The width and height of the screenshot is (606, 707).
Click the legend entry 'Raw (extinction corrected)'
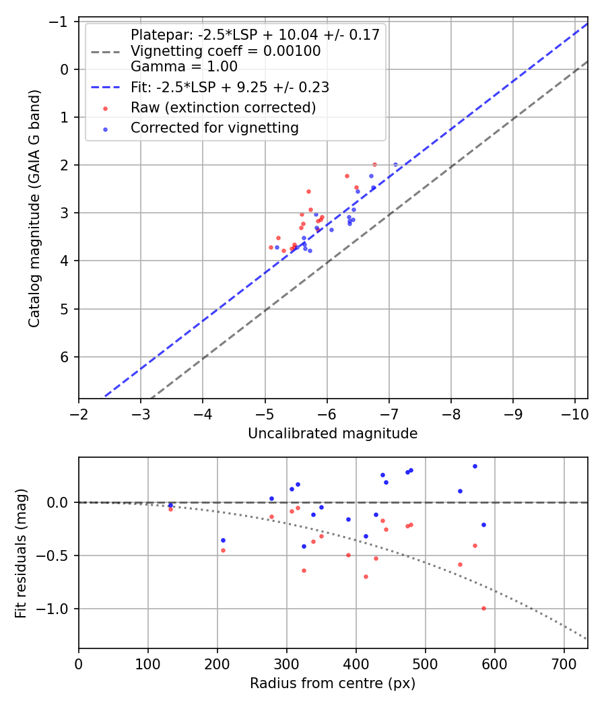click(x=223, y=108)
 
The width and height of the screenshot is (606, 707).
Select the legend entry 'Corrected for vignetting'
click(x=214, y=127)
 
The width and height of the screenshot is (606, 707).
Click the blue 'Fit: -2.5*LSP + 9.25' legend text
click(x=230, y=88)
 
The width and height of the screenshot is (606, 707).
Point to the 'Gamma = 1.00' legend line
click(x=184, y=67)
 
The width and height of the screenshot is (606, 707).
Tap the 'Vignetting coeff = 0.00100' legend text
click(x=226, y=51)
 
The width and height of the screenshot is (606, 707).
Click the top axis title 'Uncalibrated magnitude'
click(x=333, y=434)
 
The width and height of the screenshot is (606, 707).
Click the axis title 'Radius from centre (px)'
click(x=333, y=683)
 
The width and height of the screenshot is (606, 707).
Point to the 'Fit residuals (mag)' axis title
click(x=21, y=552)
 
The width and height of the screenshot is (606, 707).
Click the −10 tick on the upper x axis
click(x=575, y=410)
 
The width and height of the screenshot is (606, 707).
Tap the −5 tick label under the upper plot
click(x=265, y=410)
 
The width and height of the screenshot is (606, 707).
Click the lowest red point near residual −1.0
click(x=483, y=608)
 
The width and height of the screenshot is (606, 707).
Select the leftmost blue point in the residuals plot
click(x=170, y=505)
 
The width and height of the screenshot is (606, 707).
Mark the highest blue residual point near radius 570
click(x=475, y=466)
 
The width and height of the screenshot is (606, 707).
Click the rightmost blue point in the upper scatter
click(x=395, y=164)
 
